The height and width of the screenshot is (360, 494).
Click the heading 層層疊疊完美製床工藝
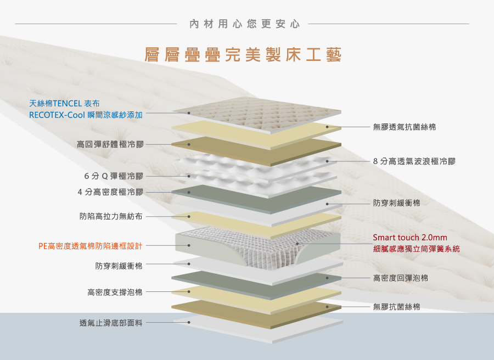click(x=243, y=55)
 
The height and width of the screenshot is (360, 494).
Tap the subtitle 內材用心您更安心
click(x=244, y=24)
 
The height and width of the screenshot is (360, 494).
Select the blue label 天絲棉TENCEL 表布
click(x=64, y=103)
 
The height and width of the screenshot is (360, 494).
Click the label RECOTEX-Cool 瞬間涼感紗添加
click(x=86, y=115)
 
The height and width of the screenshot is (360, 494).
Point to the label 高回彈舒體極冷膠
click(x=110, y=144)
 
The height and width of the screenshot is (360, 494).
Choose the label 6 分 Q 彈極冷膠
click(x=114, y=176)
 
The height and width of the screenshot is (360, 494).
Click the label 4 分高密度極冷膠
click(x=110, y=192)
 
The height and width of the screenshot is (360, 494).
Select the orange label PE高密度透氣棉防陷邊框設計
click(x=91, y=245)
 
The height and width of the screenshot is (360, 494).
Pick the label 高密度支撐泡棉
click(x=115, y=292)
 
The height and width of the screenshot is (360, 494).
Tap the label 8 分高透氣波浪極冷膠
click(x=414, y=161)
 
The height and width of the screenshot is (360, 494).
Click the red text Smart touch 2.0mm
click(x=409, y=238)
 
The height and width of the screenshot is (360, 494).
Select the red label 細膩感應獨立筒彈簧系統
click(x=416, y=249)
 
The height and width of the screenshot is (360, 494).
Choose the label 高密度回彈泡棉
click(x=401, y=278)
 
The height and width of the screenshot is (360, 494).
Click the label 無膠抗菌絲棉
click(x=396, y=307)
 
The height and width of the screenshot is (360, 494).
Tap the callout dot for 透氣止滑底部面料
click(x=189, y=323)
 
